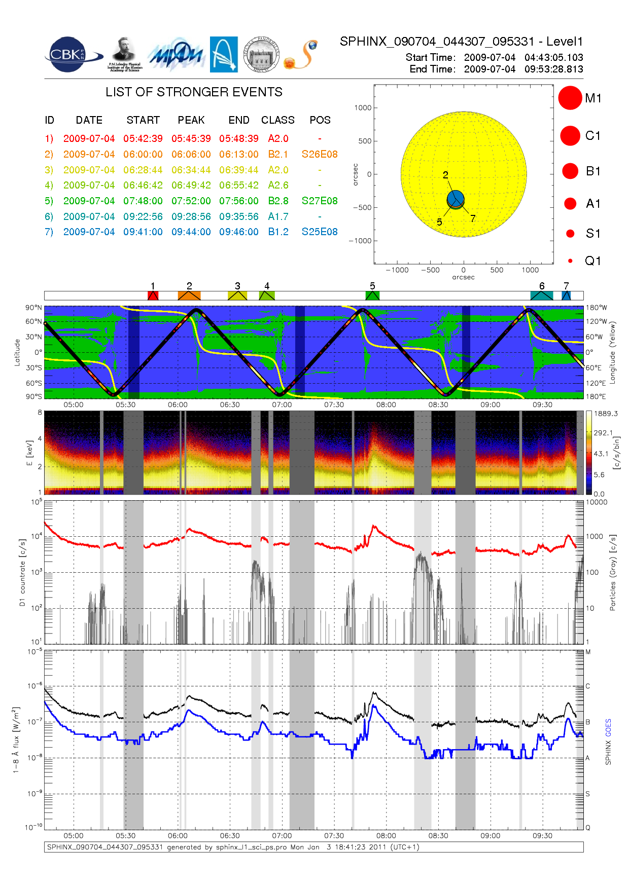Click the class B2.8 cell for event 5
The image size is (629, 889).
tap(278, 201)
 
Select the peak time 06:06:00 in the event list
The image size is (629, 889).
tap(191, 154)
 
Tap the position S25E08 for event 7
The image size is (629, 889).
tap(319, 232)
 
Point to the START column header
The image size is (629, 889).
tap(143, 120)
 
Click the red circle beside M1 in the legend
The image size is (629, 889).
tap(570, 98)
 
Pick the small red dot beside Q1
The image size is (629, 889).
tap(570, 261)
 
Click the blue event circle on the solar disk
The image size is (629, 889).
tap(456, 198)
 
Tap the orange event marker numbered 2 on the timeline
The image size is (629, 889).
tap(189, 295)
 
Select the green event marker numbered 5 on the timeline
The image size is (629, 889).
tap(372, 295)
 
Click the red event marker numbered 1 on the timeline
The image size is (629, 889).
tap(153, 295)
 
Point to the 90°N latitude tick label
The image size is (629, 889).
tap(33, 308)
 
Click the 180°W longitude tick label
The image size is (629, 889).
tap(597, 308)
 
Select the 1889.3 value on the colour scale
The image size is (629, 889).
tap(606, 414)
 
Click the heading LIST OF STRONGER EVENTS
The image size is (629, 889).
tap(194, 92)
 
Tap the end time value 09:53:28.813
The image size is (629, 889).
tap(553, 69)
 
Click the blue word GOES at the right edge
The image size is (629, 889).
tap(608, 727)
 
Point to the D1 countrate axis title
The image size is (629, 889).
tap(22, 572)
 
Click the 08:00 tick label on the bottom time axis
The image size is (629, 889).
tap(386, 836)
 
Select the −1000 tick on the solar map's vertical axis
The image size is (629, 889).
tap(361, 241)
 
